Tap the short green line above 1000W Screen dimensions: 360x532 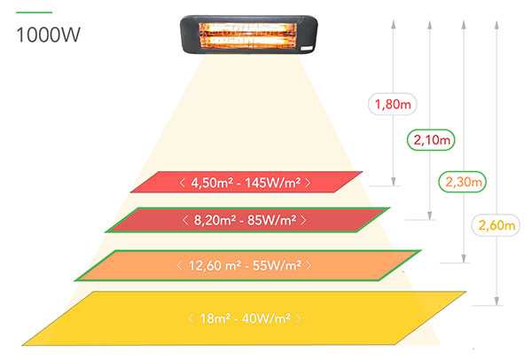34,12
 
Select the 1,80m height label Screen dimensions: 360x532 394,105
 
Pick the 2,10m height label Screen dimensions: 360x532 429,140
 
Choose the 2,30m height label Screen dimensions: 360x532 463,183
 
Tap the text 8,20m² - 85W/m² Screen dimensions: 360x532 245,219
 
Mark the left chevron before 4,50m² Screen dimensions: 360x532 182,183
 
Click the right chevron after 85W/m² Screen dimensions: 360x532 305,219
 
